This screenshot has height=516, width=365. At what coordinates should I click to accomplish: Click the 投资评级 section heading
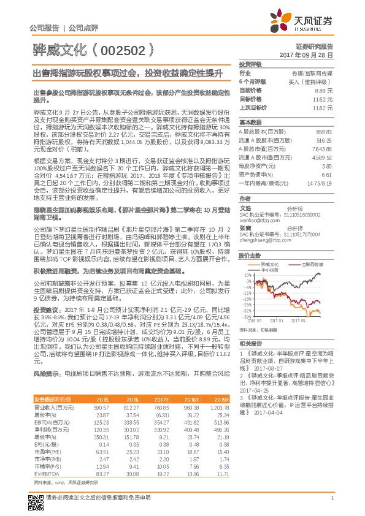pyautogui.click(x=250, y=64)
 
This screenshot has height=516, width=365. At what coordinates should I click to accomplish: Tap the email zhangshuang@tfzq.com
pyautogui.click(x=264, y=241)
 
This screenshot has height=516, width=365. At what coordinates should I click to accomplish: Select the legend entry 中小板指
pyautogui.click(x=270, y=269)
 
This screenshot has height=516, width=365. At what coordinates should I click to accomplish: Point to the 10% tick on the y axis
pyautogui.click(x=247, y=275)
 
